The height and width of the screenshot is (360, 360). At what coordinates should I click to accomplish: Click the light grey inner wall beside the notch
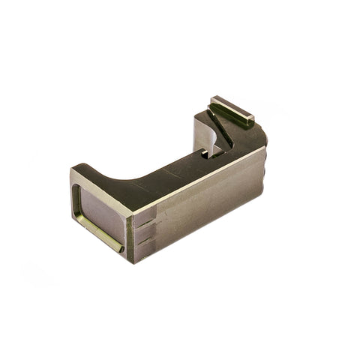[201, 139]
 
